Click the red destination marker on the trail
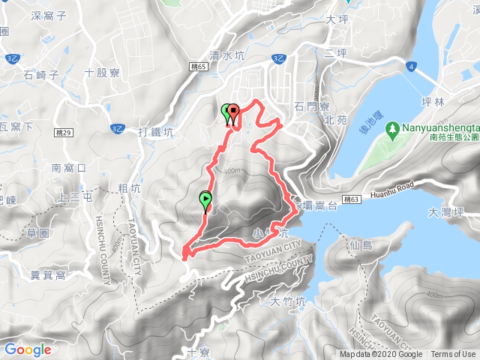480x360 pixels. (x=233, y=114)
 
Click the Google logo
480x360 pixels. (x=28, y=349)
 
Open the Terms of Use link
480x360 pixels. (x=453, y=355)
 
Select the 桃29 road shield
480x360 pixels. (x=64, y=132)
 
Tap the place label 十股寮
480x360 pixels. (x=103, y=73)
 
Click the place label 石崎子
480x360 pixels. (x=40, y=73)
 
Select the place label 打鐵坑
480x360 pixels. (x=156, y=132)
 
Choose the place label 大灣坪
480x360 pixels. (x=449, y=212)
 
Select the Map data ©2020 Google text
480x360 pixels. (x=380, y=355)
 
